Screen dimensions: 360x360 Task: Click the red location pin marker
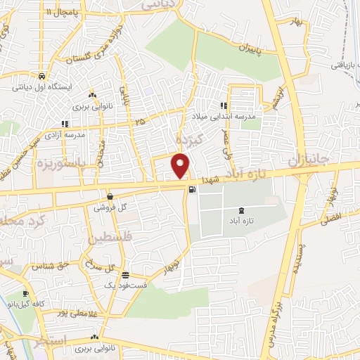coord(181,167)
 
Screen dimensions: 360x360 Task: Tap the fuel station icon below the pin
coord(192,190)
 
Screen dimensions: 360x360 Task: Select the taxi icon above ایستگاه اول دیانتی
coord(42,77)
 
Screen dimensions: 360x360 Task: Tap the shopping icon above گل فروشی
coord(110,197)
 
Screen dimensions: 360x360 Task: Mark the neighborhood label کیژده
coord(190,141)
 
